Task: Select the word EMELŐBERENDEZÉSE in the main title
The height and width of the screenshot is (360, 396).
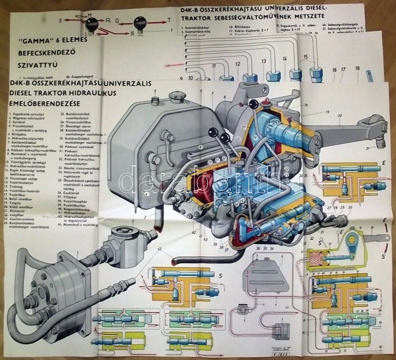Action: coord(45,103)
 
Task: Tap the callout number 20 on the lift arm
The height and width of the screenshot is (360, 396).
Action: coord(340,116)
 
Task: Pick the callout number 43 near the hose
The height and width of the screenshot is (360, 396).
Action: coord(159,248)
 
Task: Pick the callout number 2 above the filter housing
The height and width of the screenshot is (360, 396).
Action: coord(133,221)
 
